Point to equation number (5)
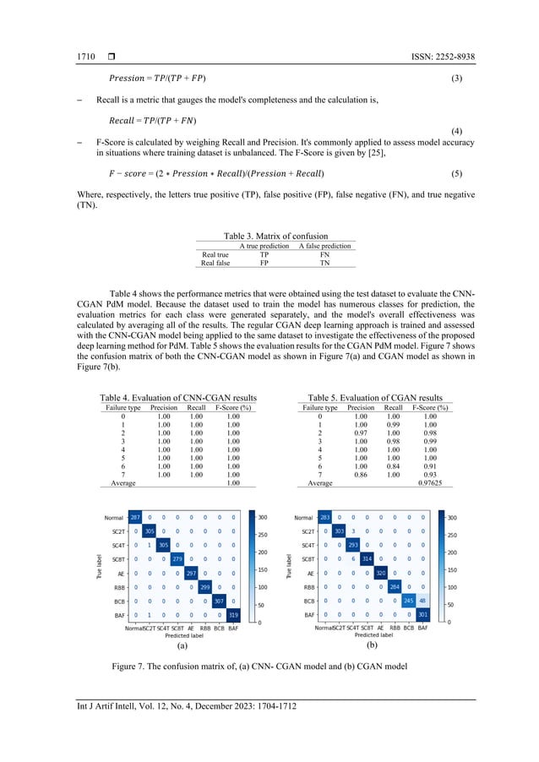point(456,173)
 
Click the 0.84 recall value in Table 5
point(393,465)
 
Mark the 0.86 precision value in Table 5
point(362,474)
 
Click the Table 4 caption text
point(178,397)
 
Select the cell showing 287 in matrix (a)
point(135,517)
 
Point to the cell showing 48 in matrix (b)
point(422,601)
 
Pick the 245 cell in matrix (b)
point(408,601)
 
